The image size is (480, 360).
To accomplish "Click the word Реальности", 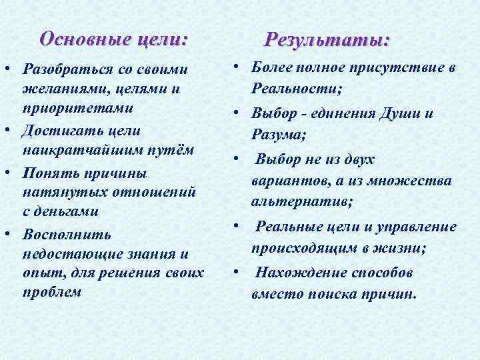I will [x=294, y=88].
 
